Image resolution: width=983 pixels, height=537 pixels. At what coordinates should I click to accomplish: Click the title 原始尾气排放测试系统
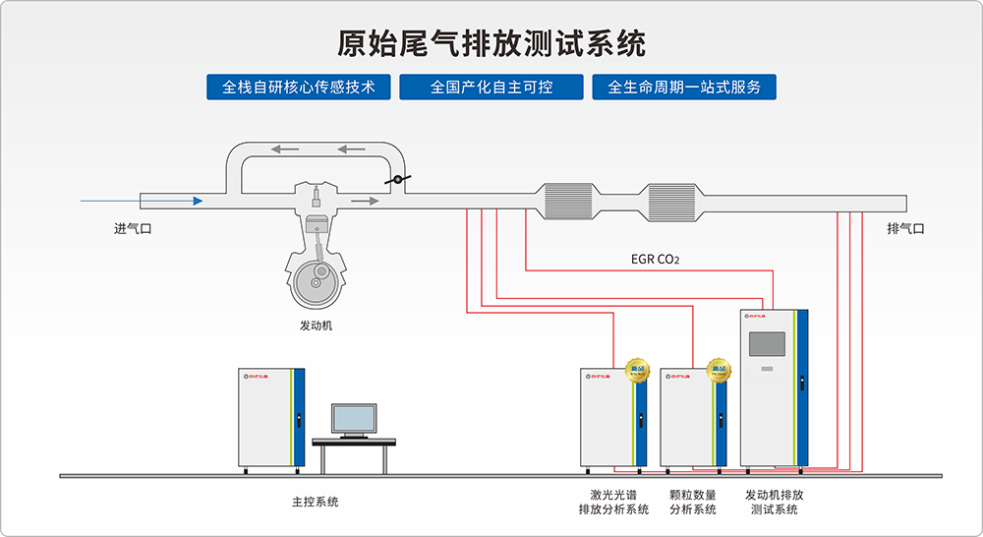point(491,44)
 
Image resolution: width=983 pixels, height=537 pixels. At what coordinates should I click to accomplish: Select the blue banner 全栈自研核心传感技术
point(299,87)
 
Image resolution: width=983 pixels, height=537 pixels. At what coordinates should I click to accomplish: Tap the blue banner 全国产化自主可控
point(491,87)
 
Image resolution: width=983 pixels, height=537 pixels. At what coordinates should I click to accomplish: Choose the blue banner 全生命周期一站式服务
point(684,87)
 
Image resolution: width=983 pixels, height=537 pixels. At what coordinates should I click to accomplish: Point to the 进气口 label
point(133,229)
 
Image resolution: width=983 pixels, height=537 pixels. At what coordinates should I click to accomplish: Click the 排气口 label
point(905,229)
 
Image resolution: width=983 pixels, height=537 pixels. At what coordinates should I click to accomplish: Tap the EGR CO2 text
point(655,261)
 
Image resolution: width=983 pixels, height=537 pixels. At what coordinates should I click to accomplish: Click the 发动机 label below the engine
point(316,326)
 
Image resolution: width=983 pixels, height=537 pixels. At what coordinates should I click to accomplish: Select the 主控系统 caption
point(315,502)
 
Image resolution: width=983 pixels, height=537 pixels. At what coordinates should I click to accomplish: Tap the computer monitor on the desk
point(353,419)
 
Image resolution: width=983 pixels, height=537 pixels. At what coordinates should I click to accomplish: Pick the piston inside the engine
point(316,225)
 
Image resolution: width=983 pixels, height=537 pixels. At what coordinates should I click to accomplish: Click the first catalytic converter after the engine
point(570,202)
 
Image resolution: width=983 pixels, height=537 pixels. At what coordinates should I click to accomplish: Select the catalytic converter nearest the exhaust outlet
point(671,202)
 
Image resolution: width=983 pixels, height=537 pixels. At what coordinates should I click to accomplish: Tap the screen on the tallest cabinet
point(767,343)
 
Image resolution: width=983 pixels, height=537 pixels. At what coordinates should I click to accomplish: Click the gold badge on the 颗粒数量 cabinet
point(719,370)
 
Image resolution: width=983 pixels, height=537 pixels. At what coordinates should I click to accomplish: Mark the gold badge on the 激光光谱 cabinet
point(638,370)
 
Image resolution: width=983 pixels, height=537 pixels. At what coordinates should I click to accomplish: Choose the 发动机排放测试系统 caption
point(775,502)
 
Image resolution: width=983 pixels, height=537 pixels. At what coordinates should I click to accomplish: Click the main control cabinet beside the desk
point(271,418)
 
